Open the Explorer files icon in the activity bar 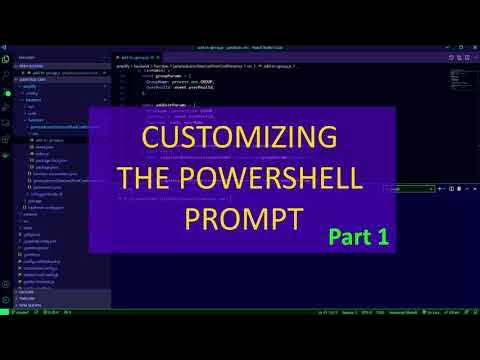[6, 59]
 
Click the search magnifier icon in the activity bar [6, 72]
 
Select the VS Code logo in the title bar [5, 47]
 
